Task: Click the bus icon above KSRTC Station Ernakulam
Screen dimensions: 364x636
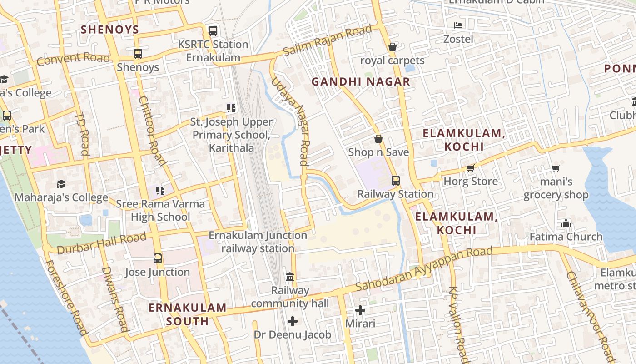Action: pos(213,31)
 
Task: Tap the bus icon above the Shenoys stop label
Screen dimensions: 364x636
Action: pos(138,54)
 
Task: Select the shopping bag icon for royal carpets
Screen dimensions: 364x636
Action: pos(393,47)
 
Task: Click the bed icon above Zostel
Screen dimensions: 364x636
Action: pos(458,25)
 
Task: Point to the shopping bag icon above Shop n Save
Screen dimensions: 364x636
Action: pos(378,139)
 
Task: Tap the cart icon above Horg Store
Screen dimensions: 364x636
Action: pos(471,168)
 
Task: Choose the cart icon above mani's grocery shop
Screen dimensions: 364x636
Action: pos(556,168)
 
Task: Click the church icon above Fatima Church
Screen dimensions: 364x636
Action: pos(566,223)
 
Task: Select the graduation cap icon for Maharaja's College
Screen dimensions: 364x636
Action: pos(61,184)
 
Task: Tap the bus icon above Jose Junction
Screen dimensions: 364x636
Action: pos(158,258)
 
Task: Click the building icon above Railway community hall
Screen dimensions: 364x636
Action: pos(290,277)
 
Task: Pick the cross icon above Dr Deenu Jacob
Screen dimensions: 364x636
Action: pos(293,321)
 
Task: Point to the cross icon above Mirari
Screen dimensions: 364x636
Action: pos(360,310)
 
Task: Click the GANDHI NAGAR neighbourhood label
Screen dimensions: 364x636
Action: pos(361,82)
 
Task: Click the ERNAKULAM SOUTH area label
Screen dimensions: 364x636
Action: pos(187,314)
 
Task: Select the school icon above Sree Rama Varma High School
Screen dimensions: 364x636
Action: pos(160,190)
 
